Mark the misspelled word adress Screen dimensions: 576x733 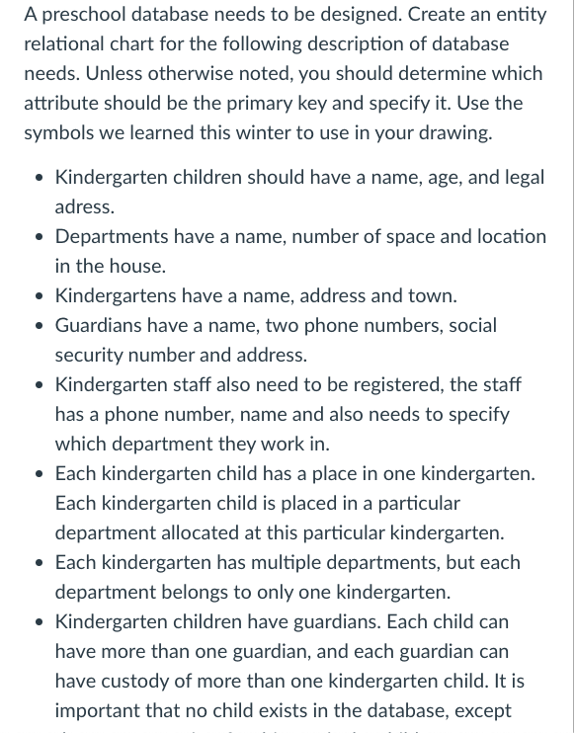(x=84, y=206)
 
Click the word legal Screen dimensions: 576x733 (x=521, y=177)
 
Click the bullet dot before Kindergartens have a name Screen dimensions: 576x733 (x=38, y=296)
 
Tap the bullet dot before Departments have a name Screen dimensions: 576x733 (x=38, y=237)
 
